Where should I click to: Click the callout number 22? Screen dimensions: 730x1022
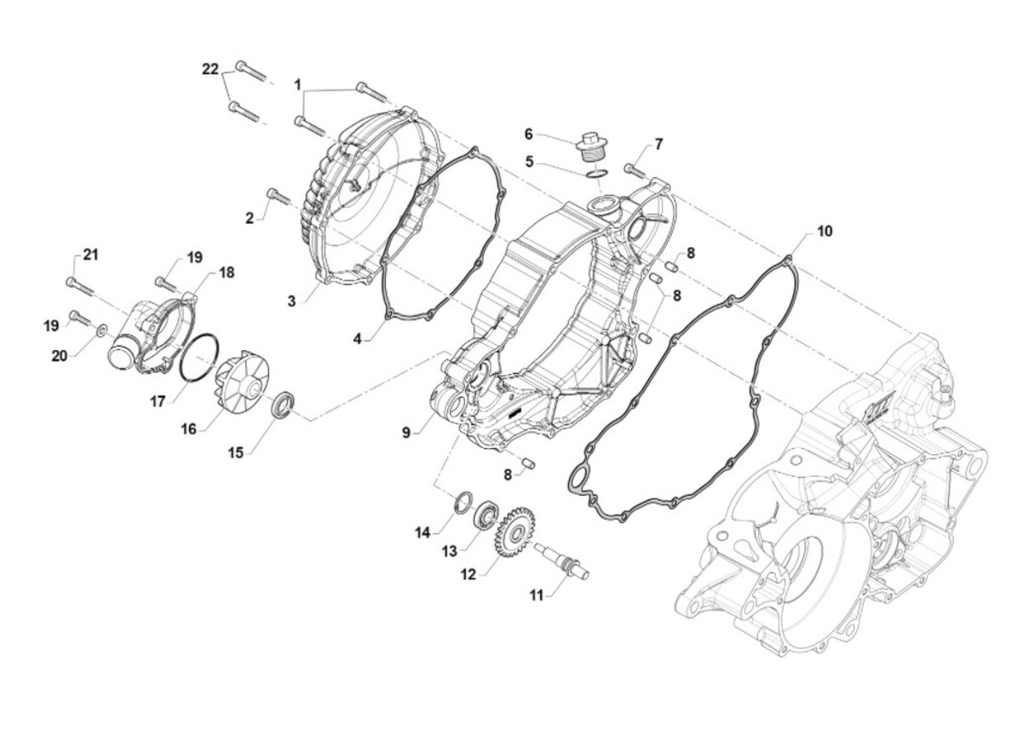[210, 69]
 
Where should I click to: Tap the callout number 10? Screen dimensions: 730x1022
[824, 231]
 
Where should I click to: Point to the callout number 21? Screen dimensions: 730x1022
[91, 255]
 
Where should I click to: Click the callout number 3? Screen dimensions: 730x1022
[291, 301]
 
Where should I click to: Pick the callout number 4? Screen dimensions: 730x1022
[359, 338]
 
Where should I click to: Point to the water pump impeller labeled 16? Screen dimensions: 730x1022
[235, 388]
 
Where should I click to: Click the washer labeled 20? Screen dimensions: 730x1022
[100, 328]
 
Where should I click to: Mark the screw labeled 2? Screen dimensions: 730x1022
[275, 196]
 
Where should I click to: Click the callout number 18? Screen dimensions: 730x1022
[227, 272]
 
